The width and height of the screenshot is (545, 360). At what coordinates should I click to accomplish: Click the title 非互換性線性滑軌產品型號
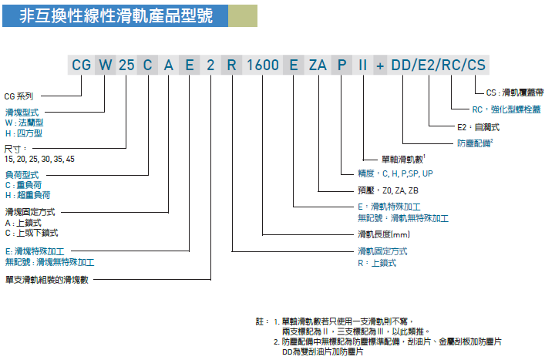tap(108, 15)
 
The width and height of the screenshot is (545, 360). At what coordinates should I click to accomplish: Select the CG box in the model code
tap(82, 66)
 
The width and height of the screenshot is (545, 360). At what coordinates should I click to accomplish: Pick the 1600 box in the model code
tap(263, 66)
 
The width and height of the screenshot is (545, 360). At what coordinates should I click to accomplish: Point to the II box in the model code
tap(362, 66)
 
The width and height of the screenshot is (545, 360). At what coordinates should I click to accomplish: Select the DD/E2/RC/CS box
tap(437, 66)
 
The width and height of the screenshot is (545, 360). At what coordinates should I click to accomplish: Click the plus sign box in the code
tap(380, 66)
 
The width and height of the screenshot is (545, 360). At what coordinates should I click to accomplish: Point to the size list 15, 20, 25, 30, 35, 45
tap(40, 159)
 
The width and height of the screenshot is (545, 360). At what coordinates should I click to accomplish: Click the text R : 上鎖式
tap(377, 263)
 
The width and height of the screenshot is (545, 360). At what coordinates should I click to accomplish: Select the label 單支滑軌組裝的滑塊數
tap(47, 279)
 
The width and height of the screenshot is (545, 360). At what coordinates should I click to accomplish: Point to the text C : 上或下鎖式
tap(31, 232)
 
